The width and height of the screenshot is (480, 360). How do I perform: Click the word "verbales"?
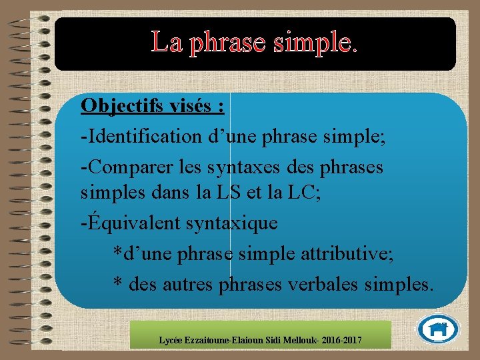[x=323, y=285]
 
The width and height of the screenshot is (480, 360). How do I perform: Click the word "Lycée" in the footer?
[x=171, y=341]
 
